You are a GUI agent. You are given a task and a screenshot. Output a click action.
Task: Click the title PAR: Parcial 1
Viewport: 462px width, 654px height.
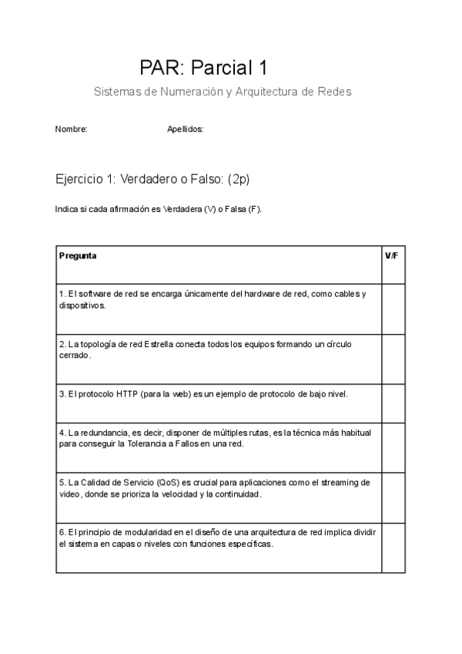(x=203, y=68)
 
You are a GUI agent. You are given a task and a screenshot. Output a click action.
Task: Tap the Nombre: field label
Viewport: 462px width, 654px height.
(x=72, y=130)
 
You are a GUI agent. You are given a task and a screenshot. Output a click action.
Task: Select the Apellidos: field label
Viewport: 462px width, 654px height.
(x=185, y=130)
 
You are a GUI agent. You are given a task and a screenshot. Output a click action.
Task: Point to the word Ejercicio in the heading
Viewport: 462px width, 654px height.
(x=81, y=179)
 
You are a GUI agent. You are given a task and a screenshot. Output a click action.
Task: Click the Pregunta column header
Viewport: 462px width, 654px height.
(x=78, y=255)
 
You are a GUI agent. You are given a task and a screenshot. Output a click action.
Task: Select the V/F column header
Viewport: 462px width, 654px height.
(x=391, y=255)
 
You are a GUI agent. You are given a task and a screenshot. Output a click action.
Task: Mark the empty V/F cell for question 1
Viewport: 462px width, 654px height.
(x=393, y=308)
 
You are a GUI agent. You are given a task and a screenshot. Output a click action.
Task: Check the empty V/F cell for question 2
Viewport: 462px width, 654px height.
(x=393, y=359)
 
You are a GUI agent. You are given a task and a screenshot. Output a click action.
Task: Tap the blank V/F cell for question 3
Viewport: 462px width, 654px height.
(x=393, y=403)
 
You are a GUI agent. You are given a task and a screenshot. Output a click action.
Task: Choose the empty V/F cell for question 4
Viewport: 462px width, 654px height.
(x=393, y=447)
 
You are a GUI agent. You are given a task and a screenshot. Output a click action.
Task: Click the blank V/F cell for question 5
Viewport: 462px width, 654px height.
(x=393, y=497)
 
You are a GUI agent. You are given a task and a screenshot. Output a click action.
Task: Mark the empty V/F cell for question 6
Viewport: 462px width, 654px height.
(x=393, y=548)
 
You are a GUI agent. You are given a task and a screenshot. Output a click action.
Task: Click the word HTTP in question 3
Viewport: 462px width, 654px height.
(x=127, y=394)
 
